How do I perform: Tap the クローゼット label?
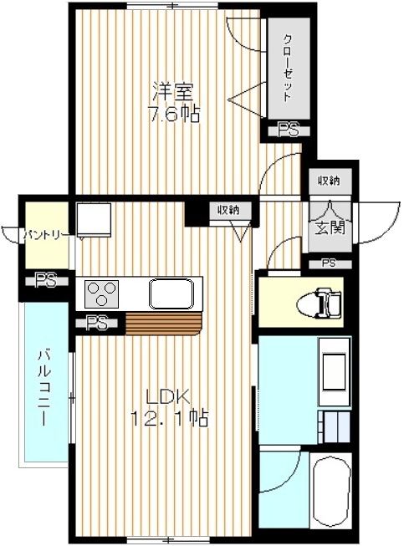point(287,68)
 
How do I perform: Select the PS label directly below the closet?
point(289,130)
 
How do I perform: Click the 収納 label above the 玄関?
point(329,181)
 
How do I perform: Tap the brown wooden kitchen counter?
point(163,323)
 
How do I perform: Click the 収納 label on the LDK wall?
point(227,210)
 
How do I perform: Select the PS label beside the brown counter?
point(99,324)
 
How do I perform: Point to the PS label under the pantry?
point(45,282)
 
